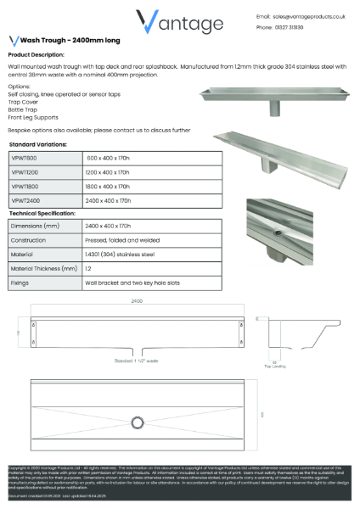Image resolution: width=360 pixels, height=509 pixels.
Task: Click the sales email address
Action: [308, 16]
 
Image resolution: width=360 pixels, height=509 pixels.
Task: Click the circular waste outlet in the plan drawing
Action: [138, 422]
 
